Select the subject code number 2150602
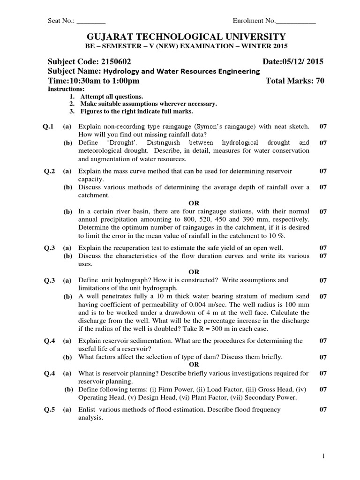[115, 62]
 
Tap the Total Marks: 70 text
[295, 81]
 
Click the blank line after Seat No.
[91, 21]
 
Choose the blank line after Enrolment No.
[296, 21]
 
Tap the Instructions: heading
[67, 89]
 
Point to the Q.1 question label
[49, 127]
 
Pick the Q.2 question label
[49, 171]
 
